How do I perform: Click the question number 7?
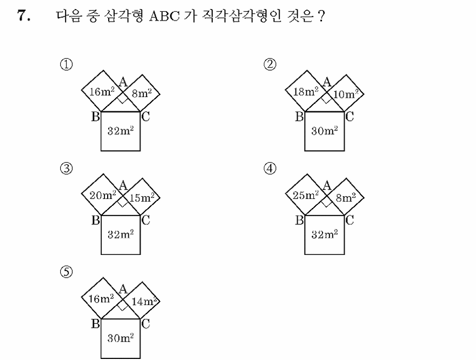tap(24, 16)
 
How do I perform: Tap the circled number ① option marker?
tap(66, 65)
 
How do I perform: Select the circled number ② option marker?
tap(270, 65)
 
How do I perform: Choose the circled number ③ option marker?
tap(66, 168)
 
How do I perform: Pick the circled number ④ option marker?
tap(270, 168)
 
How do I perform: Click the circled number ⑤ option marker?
tap(66, 272)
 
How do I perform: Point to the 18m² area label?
tap(305, 91)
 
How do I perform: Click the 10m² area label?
tap(346, 94)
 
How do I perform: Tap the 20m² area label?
tap(103, 195)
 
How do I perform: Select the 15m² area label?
tap(142, 197)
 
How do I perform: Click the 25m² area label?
tap(306, 195)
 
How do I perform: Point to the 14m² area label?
tap(144, 301)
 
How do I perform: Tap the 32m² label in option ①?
tap(121, 130)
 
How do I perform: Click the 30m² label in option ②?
tap(325, 130)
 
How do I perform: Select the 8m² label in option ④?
tap(346, 197)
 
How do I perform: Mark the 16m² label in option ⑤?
tap(101, 299)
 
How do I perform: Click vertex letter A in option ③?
tap(123, 185)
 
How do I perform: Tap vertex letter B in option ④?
tap(299, 220)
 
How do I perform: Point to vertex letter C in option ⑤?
tap(146, 323)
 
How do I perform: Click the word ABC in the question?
tap(164, 16)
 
